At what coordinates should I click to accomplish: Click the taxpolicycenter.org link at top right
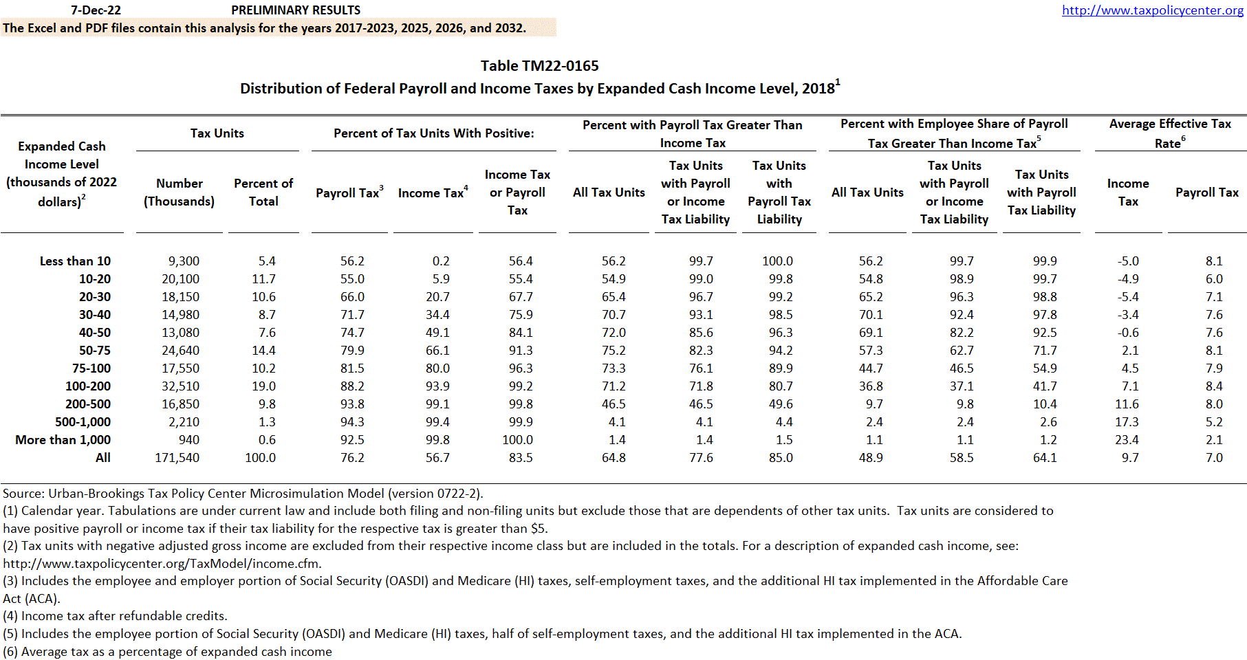(1152, 10)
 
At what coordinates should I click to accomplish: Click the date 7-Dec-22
(96, 10)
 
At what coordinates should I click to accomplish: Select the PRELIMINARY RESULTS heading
(296, 10)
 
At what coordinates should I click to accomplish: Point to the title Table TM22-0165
(539, 66)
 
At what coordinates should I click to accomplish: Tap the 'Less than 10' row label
(75, 261)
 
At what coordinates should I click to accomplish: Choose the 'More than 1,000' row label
(63, 440)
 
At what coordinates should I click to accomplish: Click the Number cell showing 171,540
(177, 458)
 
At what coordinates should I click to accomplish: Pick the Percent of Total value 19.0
(263, 386)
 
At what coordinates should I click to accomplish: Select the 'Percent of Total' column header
(263, 192)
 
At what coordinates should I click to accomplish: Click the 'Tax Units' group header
(217, 133)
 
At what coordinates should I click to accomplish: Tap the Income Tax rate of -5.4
(1128, 297)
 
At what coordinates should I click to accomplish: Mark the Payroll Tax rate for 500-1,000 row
(1214, 422)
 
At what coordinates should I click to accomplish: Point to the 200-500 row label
(88, 404)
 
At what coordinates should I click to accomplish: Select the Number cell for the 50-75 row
(180, 351)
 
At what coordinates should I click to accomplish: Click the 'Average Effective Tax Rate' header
(1170, 133)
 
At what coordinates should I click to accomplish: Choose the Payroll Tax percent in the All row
(352, 458)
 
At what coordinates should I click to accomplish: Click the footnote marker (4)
(10, 616)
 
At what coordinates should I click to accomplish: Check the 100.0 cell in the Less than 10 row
(777, 261)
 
